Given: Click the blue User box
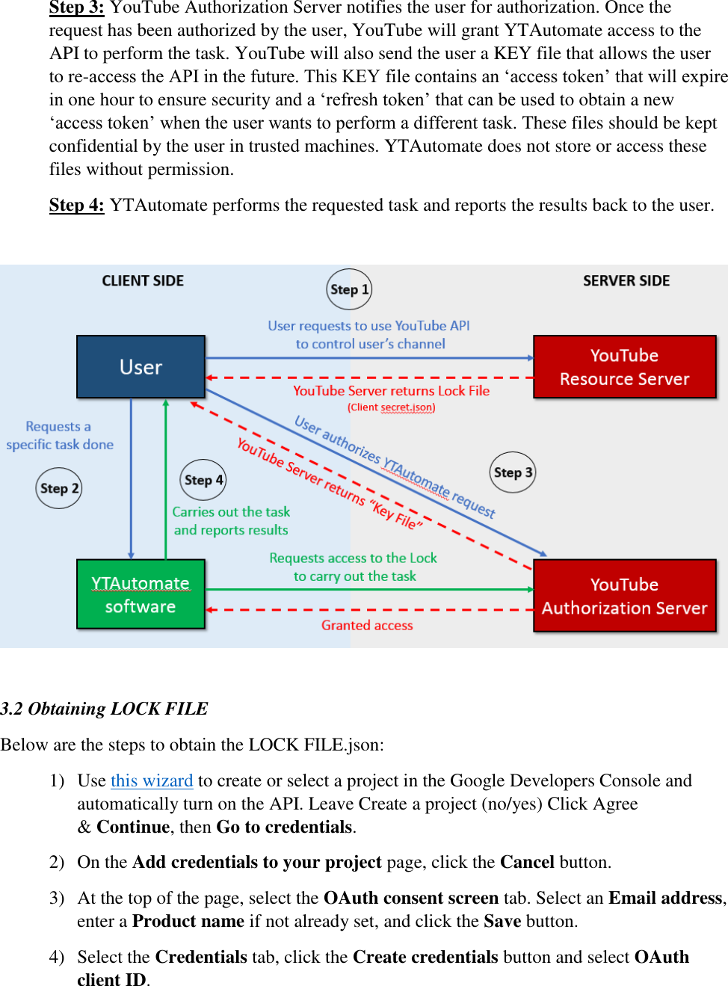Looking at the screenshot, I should click(x=141, y=366).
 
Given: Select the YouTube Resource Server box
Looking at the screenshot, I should click(x=624, y=366).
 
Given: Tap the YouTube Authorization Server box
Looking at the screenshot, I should click(x=624, y=596).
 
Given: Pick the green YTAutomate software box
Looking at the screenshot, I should click(x=141, y=594).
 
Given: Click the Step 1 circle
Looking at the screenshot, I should click(x=349, y=289).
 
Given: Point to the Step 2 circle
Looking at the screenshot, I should click(x=59, y=488).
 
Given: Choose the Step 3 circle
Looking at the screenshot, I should click(x=513, y=472).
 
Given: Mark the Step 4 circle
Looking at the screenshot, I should click(x=203, y=480).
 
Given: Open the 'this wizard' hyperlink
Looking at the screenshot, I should click(x=152, y=780).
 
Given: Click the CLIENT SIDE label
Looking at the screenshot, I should click(x=143, y=281).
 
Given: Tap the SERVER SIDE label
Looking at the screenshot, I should click(x=626, y=281).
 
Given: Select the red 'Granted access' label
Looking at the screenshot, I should click(x=367, y=626).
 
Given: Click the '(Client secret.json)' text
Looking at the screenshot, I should click(x=391, y=407).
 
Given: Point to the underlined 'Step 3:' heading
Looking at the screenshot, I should click(x=76, y=8).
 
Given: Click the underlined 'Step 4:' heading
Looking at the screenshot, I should click(x=76, y=205).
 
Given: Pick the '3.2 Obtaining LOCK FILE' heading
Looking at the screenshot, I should click(x=105, y=709).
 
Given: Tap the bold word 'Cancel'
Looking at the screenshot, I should click(x=527, y=862).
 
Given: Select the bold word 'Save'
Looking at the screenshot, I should click(x=502, y=921).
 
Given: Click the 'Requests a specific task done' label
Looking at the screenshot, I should click(x=60, y=435).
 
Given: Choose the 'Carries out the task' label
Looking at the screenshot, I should click(x=231, y=512).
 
